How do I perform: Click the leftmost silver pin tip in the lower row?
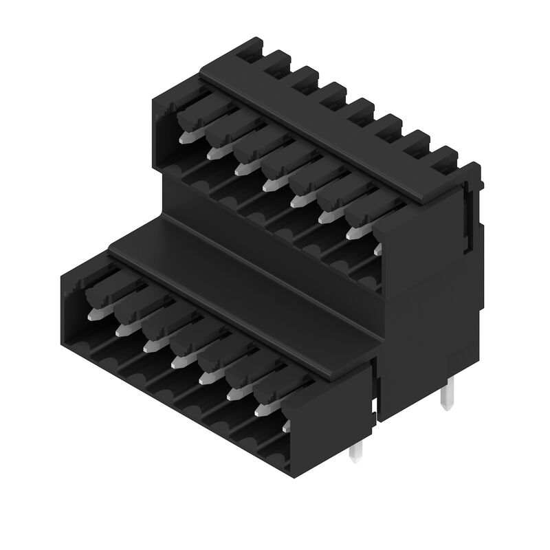[94, 315]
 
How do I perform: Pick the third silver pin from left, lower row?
[149, 346]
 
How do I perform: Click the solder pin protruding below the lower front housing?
[355, 450]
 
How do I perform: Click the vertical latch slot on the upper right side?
[470, 213]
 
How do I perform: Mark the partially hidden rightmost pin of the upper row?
[377, 248]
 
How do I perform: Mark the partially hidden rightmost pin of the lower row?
[287, 427]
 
